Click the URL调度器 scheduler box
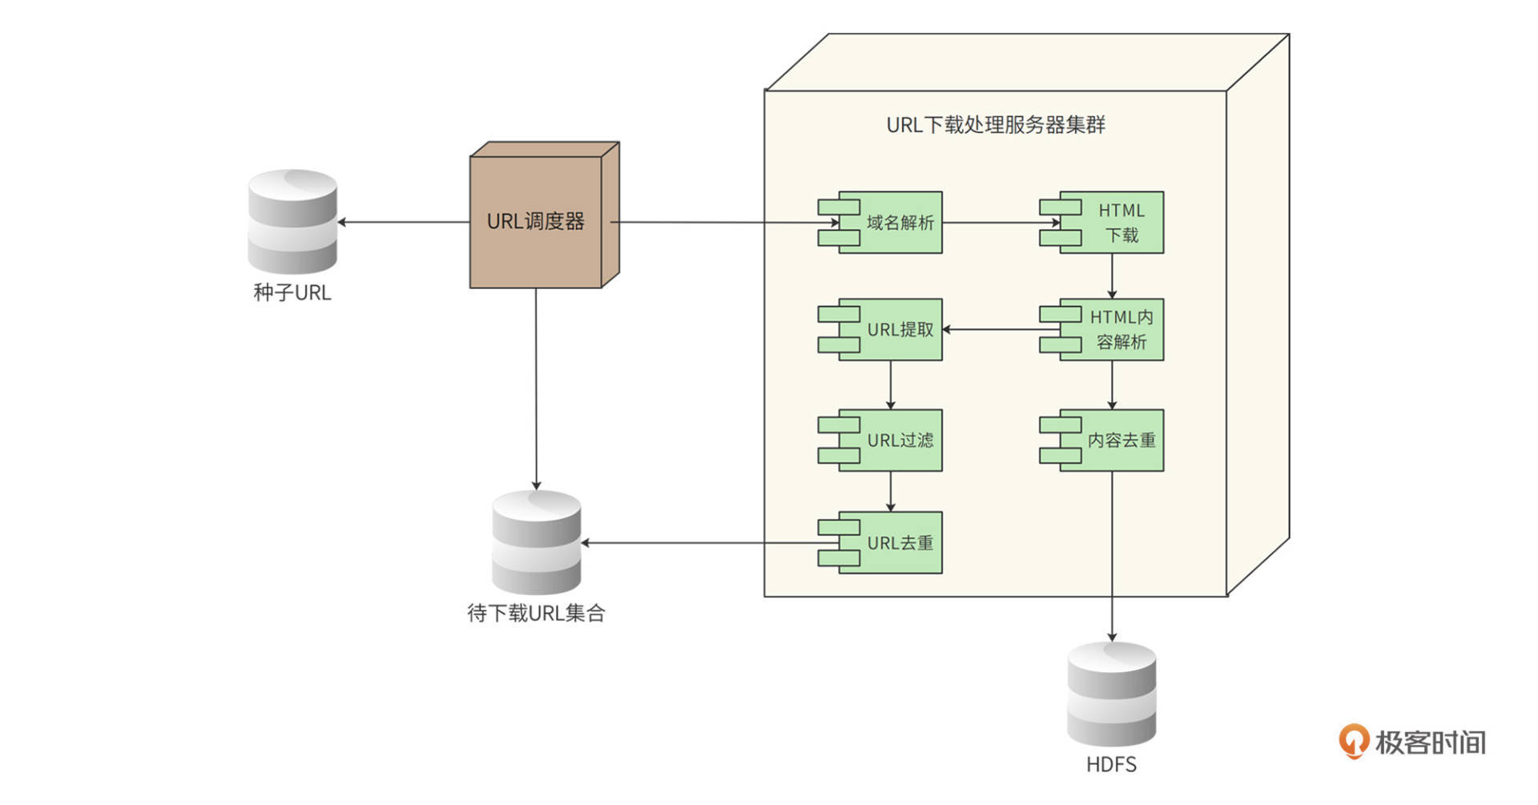click(536, 221)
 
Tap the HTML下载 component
click(1112, 223)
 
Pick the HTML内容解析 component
click(1112, 329)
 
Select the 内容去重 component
click(1112, 440)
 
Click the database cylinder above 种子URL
click(292, 222)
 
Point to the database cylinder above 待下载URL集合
click(536, 542)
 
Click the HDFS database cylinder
click(1111, 694)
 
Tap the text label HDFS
click(1111, 765)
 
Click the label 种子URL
click(292, 292)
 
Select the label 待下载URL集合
click(536, 614)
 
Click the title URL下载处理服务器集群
click(996, 125)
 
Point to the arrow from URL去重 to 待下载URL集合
click(697, 542)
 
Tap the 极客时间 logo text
click(1430, 743)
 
